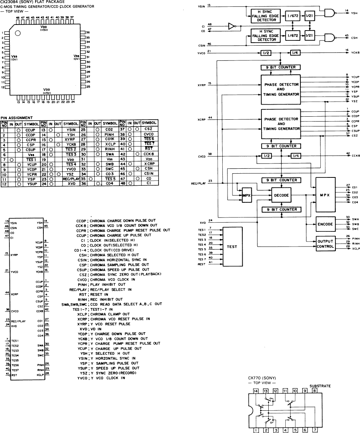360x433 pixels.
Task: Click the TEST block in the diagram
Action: (232, 247)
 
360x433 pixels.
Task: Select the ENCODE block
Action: (325, 224)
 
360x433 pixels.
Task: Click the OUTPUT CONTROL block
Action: (325, 244)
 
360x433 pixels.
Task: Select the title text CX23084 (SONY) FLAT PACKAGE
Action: (27, 2)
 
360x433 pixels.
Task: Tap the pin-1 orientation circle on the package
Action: (17, 33)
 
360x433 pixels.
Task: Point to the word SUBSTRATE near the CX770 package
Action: (320, 386)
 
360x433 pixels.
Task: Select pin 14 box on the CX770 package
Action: (256, 391)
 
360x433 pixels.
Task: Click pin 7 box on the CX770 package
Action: (316, 429)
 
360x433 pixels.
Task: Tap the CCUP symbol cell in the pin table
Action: (30, 129)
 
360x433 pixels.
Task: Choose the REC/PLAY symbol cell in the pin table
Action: (70, 179)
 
